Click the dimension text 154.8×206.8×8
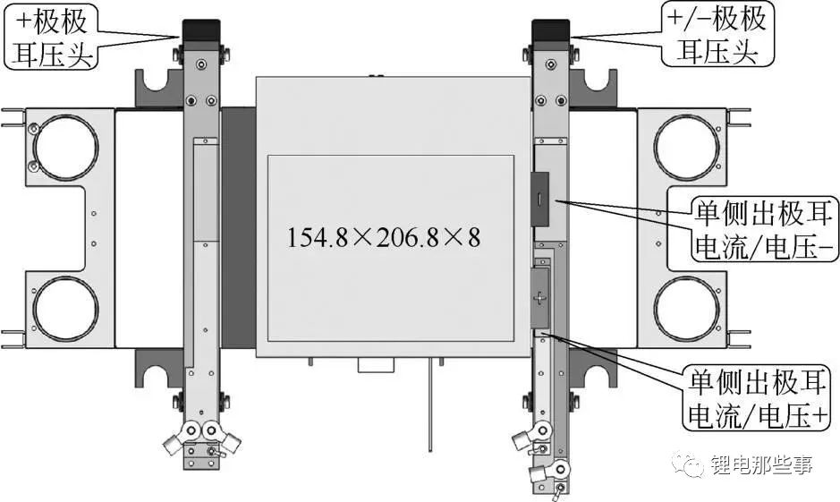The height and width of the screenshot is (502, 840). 384,237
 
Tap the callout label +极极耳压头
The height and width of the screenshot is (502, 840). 52,36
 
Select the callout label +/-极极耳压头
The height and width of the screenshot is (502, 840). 717,33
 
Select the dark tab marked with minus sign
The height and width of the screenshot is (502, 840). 540,199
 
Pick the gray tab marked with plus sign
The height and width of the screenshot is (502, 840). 540,298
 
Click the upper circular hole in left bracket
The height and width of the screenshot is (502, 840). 66,147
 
